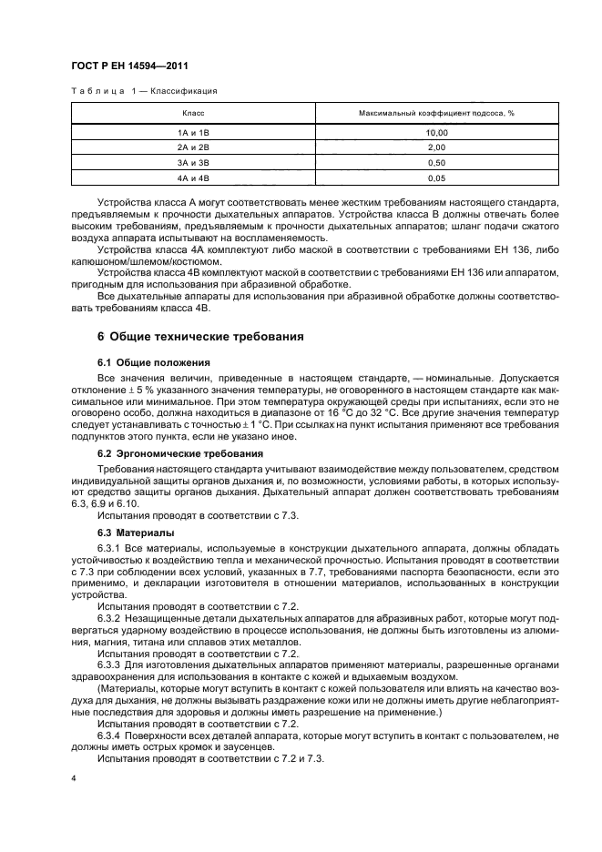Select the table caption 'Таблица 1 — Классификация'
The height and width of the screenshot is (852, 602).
[x=144, y=91]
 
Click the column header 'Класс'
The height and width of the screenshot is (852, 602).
[x=193, y=113]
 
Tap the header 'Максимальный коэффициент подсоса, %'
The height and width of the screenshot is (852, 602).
[x=437, y=113]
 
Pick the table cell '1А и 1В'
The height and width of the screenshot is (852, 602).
[x=193, y=133]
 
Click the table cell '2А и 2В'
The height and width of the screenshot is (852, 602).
[x=193, y=147]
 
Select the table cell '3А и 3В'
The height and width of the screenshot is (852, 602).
[x=193, y=162]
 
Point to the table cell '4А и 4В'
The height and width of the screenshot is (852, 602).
[x=193, y=177]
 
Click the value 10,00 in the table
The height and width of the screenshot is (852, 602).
[x=437, y=133]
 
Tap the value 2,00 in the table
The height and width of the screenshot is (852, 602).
[x=437, y=147]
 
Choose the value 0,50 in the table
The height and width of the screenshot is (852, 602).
[x=437, y=162]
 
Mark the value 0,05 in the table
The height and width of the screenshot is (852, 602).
[x=437, y=177]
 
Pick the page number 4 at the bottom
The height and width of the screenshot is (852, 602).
[x=74, y=779]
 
